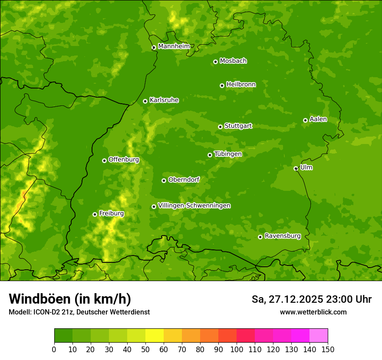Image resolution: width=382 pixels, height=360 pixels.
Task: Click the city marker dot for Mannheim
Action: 154,48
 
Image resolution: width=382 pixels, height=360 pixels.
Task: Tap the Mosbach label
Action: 233,61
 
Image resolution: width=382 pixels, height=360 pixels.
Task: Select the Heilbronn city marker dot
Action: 222,85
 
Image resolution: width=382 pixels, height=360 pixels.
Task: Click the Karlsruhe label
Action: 164,100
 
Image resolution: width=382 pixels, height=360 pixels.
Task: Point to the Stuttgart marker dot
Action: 220,127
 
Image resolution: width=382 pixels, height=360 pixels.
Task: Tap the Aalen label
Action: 318,119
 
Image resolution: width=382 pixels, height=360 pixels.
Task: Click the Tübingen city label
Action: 228,154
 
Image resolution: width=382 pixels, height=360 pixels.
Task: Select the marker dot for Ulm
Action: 296,168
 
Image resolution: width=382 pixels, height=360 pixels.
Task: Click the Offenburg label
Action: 124,160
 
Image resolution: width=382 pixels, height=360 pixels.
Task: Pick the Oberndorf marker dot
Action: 164,180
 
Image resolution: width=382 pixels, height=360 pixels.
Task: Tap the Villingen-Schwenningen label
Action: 194,206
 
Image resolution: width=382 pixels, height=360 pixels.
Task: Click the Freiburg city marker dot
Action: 95,214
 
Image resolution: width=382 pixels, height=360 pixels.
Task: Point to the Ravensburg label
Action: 283,236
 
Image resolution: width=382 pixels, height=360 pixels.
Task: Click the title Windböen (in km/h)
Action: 70,299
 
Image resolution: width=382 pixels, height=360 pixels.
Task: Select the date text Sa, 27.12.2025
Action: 287,299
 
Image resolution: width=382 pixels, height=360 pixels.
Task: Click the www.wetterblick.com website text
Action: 313,312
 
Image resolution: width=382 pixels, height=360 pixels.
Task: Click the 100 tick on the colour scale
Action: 237,349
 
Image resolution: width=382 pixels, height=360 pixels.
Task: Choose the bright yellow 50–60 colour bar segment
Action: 155,336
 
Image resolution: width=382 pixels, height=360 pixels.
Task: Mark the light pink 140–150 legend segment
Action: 319,336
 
